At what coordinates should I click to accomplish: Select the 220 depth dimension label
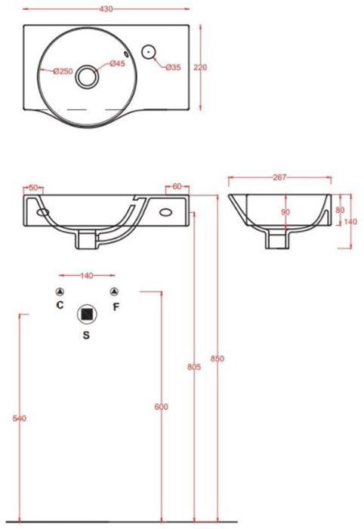click(x=200, y=67)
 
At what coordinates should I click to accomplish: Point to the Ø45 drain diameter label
click(x=117, y=63)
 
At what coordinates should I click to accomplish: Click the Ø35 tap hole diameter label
click(x=174, y=68)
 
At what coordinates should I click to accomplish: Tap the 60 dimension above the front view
click(x=177, y=186)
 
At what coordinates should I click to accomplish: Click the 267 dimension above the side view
click(x=279, y=178)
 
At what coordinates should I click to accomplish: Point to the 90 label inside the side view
click(x=285, y=212)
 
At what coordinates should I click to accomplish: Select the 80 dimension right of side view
click(x=340, y=210)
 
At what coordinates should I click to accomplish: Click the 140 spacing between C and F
click(x=87, y=275)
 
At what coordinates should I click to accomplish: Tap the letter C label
click(x=60, y=306)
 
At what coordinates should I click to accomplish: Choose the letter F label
click(x=116, y=306)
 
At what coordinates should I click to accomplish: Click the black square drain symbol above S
click(x=88, y=312)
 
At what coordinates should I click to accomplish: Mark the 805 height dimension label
click(x=193, y=368)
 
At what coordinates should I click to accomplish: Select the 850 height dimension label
click(x=217, y=358)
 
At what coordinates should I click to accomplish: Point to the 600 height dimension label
click(x=161, y=407)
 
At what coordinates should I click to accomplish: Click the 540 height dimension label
click(x=20, y=418)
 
